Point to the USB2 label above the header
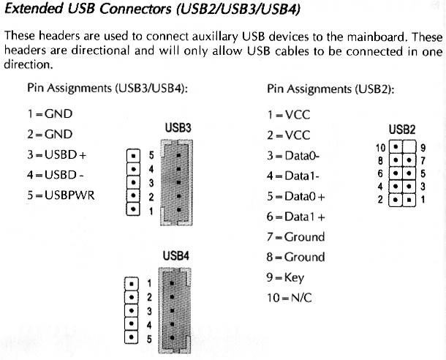[x=402, y=130]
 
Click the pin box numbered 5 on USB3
[x=133, y=156]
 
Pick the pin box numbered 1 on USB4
[x=133, y=283]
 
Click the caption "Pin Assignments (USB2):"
[x=331, y=89]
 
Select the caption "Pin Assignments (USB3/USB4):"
[x=108, y=89]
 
